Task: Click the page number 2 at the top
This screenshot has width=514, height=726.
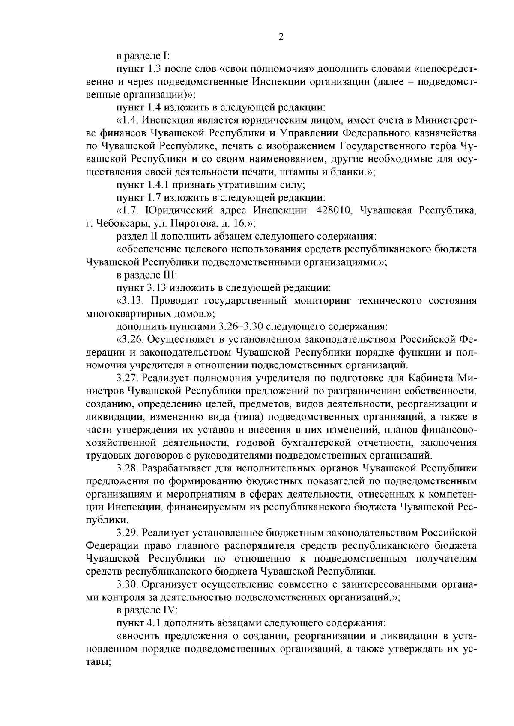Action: [x=281, y=37]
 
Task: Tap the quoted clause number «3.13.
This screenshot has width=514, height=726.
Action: [x=128, y=301]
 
